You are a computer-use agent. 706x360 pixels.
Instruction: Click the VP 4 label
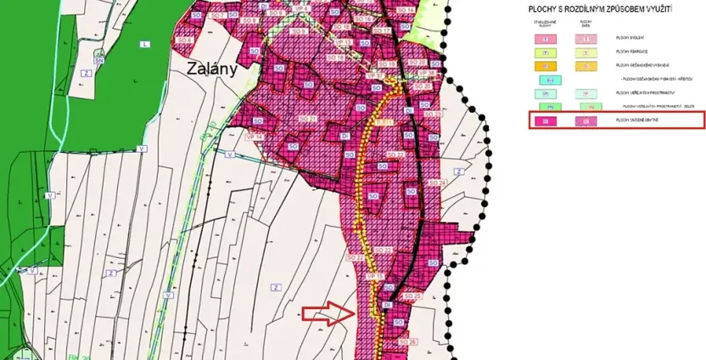(303, 9)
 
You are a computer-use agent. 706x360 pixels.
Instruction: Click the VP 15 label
(374, 278)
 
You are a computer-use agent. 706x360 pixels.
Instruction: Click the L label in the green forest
(145, 43)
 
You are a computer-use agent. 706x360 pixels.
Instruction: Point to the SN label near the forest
(99, 60)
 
